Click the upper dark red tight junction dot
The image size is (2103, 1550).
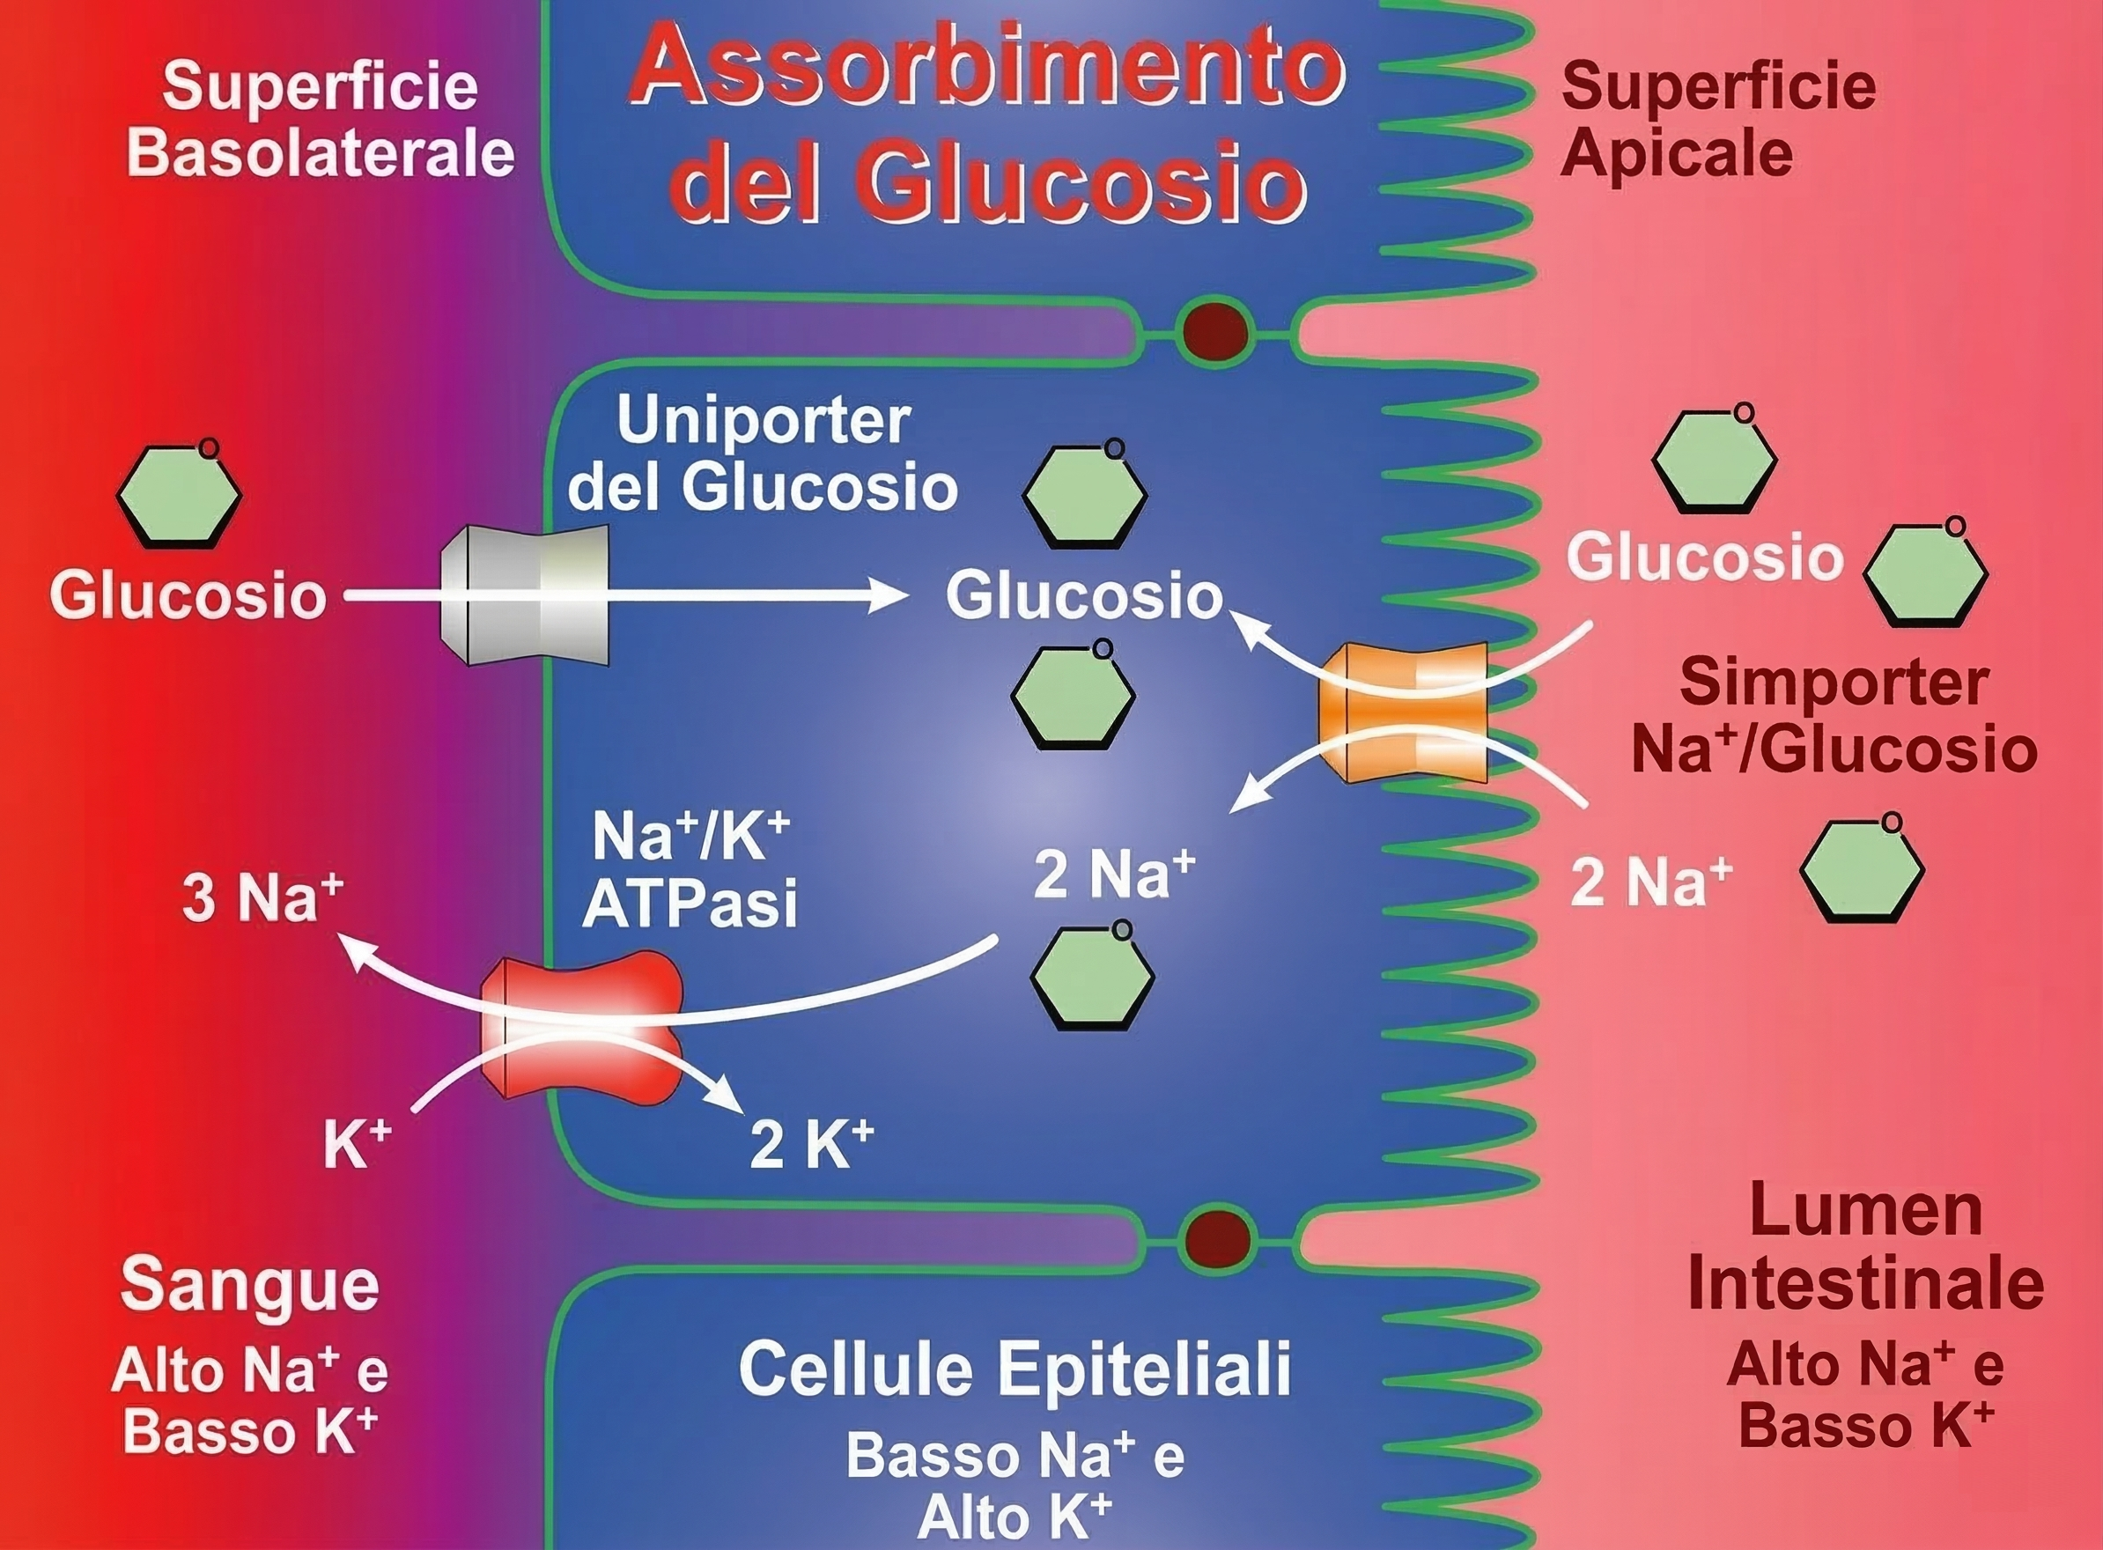pos(1215,332)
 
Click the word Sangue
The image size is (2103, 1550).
pos(249,1286)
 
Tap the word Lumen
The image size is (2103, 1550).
pos(1866,1210)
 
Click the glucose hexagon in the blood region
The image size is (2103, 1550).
pos(179,494)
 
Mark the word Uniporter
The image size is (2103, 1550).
pos(763,421)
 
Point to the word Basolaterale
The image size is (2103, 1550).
pos(321,154)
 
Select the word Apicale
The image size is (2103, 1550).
pos(1676,153)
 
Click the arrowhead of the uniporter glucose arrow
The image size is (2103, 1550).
pos(887,594)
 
